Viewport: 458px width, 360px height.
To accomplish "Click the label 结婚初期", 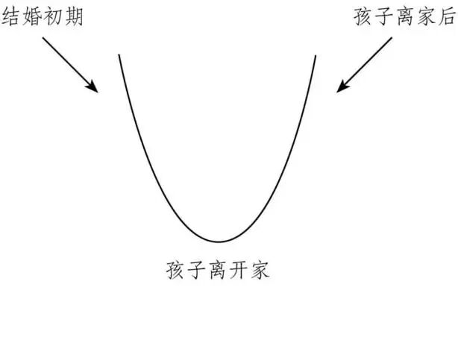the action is tap(43, 16).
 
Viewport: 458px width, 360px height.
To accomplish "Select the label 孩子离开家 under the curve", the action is tap(218, 270).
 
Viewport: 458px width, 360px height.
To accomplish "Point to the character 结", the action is tap(11, 16).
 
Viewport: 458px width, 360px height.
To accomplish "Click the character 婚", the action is tap(32, 16).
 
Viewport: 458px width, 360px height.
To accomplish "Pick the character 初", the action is tap(53, 16).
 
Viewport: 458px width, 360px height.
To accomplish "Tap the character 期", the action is tap(74, 16).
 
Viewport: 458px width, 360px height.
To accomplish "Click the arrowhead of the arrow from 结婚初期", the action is tap(96, 90).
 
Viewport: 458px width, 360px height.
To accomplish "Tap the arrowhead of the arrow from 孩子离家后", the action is tap(339, 90).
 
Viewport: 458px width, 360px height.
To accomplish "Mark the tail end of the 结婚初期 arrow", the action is tap(43, 38).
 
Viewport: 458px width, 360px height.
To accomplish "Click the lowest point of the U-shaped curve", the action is tap(218, 241).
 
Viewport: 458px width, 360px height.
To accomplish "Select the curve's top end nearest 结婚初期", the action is tap(119, 55).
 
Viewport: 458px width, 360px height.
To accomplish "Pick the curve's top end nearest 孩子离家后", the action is tap(316, 55).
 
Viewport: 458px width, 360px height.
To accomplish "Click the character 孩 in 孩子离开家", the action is tap(176, 270).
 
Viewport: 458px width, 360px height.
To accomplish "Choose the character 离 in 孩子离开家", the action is tap(218, 270).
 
